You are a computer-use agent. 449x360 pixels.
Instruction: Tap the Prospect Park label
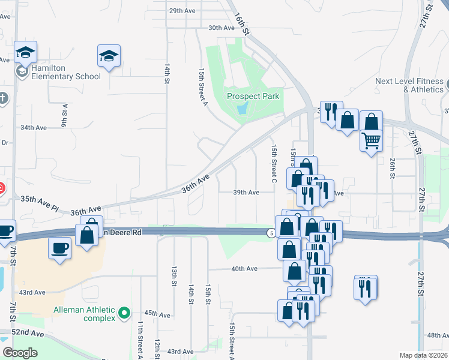(253, 96)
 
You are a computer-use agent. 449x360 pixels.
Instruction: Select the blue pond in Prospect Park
(242, 109)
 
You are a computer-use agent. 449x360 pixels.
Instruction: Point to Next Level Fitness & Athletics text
(409, 85)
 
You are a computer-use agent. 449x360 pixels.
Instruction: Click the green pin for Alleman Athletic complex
(124, 313)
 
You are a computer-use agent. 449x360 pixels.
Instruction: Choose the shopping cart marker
(372, 141)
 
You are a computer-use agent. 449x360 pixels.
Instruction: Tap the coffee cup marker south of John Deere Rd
(59, 248)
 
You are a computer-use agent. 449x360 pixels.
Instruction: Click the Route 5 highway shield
(272, 232)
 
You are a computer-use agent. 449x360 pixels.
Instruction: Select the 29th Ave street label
(183, 11)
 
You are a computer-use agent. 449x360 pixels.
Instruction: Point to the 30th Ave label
(220, 28)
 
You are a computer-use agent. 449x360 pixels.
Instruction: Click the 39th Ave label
(246, 192)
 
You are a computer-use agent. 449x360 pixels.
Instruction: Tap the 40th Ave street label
(244, 269)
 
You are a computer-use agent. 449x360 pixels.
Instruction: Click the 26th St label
(392, 168)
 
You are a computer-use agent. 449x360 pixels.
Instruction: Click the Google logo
(20, 353)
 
